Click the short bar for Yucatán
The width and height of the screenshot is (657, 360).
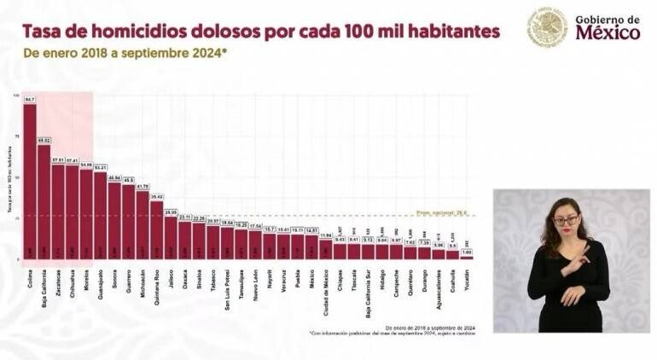[x=466, y=256]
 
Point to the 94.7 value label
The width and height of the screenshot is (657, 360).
[x=30, y=100]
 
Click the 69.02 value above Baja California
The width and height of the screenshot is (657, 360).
[x=44, y=140]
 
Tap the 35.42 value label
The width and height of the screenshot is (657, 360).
[x=156, y=196]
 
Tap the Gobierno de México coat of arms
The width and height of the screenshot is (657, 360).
[x=547, y=27]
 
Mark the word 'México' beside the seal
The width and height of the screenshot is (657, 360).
[x=608, y=34]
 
